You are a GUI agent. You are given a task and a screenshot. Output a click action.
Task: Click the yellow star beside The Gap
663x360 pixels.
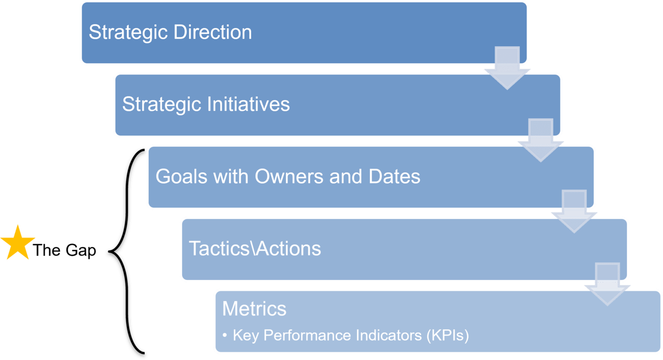18,244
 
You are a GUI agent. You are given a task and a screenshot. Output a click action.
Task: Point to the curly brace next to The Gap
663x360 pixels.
127,251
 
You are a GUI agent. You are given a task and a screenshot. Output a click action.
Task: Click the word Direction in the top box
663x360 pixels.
212,32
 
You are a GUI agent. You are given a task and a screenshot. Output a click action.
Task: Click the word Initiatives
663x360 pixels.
248,104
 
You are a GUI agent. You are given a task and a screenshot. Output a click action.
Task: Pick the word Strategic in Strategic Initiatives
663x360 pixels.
162,105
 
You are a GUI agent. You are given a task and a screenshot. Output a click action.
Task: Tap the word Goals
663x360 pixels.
181,176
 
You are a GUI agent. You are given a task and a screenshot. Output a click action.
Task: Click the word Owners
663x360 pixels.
289,176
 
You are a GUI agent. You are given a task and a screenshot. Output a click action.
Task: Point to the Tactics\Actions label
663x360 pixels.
255,248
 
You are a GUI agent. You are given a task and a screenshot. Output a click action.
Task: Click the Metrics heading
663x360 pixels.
254,309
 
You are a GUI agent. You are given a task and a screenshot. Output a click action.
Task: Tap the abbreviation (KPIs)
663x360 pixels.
448,335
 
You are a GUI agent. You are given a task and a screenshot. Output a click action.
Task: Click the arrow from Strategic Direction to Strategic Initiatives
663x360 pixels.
507,68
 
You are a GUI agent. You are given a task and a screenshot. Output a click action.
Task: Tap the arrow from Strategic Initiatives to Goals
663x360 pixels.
541,140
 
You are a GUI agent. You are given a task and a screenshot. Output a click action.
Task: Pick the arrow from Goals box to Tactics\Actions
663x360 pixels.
574,211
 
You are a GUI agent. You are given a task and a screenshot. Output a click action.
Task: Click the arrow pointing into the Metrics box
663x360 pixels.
608,284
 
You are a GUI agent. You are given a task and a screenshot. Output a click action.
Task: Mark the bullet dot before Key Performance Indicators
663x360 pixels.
225,335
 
